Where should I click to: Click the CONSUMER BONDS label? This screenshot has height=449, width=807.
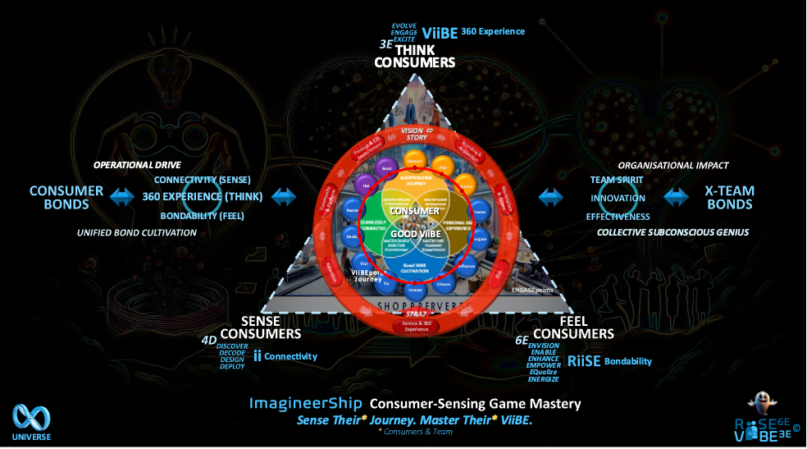66,197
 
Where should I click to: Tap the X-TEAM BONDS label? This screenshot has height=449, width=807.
730,197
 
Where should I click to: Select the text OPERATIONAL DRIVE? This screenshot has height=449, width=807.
136,165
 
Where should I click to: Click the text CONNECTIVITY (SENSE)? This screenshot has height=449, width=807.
202,180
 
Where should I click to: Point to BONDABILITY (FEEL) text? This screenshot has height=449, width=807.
202,216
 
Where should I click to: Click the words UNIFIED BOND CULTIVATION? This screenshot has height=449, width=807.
137,232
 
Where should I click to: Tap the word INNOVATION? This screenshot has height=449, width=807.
618,198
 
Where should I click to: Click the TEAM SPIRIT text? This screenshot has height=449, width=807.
617,180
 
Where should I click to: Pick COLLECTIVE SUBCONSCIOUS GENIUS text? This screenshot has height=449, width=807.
672,232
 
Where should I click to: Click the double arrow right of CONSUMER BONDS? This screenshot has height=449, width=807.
121,197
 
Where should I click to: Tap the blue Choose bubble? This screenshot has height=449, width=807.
444,284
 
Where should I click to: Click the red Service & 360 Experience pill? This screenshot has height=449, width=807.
414,326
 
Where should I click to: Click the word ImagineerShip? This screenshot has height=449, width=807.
305,404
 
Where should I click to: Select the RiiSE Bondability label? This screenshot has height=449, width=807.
609,360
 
